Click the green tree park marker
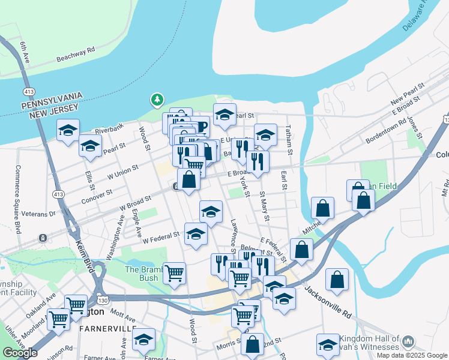click(157, 99)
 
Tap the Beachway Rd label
click(76, 55)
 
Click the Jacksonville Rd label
click(327, 302)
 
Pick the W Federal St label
click(161, 238)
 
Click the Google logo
click(20, 353)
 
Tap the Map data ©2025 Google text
click(412, 355)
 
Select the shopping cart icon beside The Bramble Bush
click(174, 273)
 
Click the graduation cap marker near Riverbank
click(68, 130)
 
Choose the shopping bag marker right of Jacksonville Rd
click(337, 279)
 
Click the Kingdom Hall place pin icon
click(408, 342)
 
